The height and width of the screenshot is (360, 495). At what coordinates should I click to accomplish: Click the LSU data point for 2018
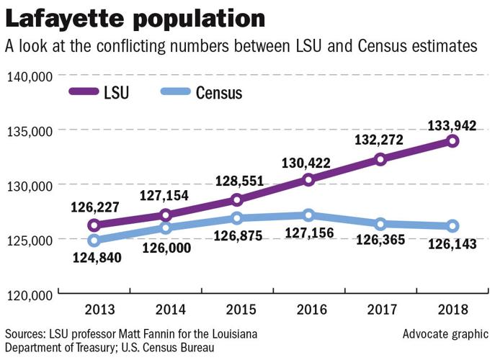click(x=452, y=141)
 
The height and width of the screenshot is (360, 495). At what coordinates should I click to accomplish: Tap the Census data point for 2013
click(x=94, y=240)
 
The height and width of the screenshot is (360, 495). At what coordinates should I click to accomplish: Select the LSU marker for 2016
click(x=309, y=179)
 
